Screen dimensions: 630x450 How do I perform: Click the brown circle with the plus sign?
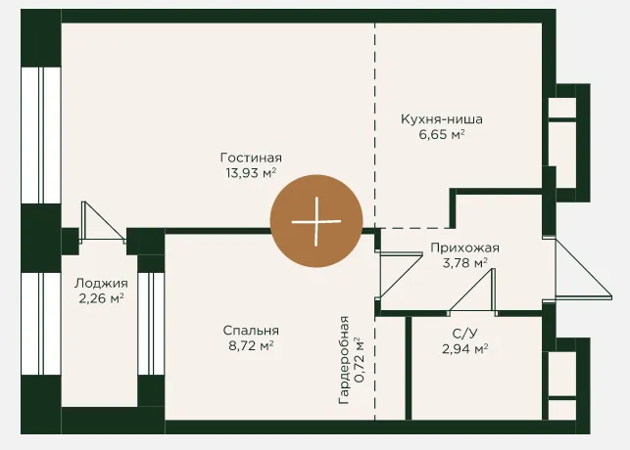pos(316,221)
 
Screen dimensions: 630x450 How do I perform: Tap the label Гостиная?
pos(251,157)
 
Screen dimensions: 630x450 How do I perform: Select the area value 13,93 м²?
pos(251,173)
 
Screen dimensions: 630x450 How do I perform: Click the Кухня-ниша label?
pos(442,119)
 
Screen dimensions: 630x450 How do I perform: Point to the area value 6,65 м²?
pos(442,134)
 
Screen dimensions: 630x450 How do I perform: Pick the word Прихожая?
pos(464,247)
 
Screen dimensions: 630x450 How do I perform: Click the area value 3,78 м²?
pos(464,263)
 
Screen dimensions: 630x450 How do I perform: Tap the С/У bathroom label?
pos(464,334)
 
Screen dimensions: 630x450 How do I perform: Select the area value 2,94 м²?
pos(464,348)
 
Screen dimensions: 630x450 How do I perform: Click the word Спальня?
pos(251,331)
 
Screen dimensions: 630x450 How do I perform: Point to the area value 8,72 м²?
pos(251,345)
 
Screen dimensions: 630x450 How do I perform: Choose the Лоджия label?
pos(101,284)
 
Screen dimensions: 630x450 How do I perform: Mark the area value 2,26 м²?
pos(101,298)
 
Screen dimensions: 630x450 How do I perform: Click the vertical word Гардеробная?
pos(344,360)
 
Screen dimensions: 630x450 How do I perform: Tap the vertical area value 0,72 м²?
pos(359,360)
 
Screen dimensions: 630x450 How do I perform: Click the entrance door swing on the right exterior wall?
pos(583,268)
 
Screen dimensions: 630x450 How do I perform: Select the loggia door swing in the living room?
pos(104,222)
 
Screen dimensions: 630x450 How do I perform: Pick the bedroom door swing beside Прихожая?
pos(400,275)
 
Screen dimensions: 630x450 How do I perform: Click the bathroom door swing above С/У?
pos(473,290)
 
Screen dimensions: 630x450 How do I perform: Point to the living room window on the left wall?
pos(40,135)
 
